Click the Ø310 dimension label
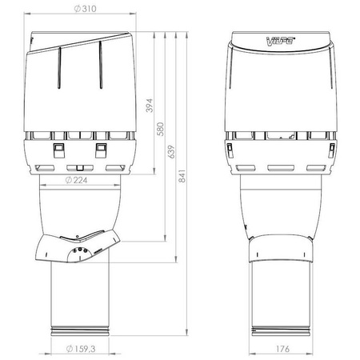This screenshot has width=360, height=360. click(x=85, y=9)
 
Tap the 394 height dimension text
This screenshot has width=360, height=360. click(x=150, y=106)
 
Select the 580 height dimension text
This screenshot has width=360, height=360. click(x=160, y=129)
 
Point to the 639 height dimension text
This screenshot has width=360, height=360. click(x=171, y=152)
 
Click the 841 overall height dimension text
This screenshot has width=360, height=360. click(x=182, y=176)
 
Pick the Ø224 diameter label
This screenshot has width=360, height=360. click(x=76, y=180)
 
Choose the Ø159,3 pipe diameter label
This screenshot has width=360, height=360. click(x=81, y=349)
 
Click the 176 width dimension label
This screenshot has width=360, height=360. click(x=282, y=349)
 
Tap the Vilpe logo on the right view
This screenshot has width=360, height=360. click(x=281, y=42)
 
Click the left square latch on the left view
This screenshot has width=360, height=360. click(x=59, y=150)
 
